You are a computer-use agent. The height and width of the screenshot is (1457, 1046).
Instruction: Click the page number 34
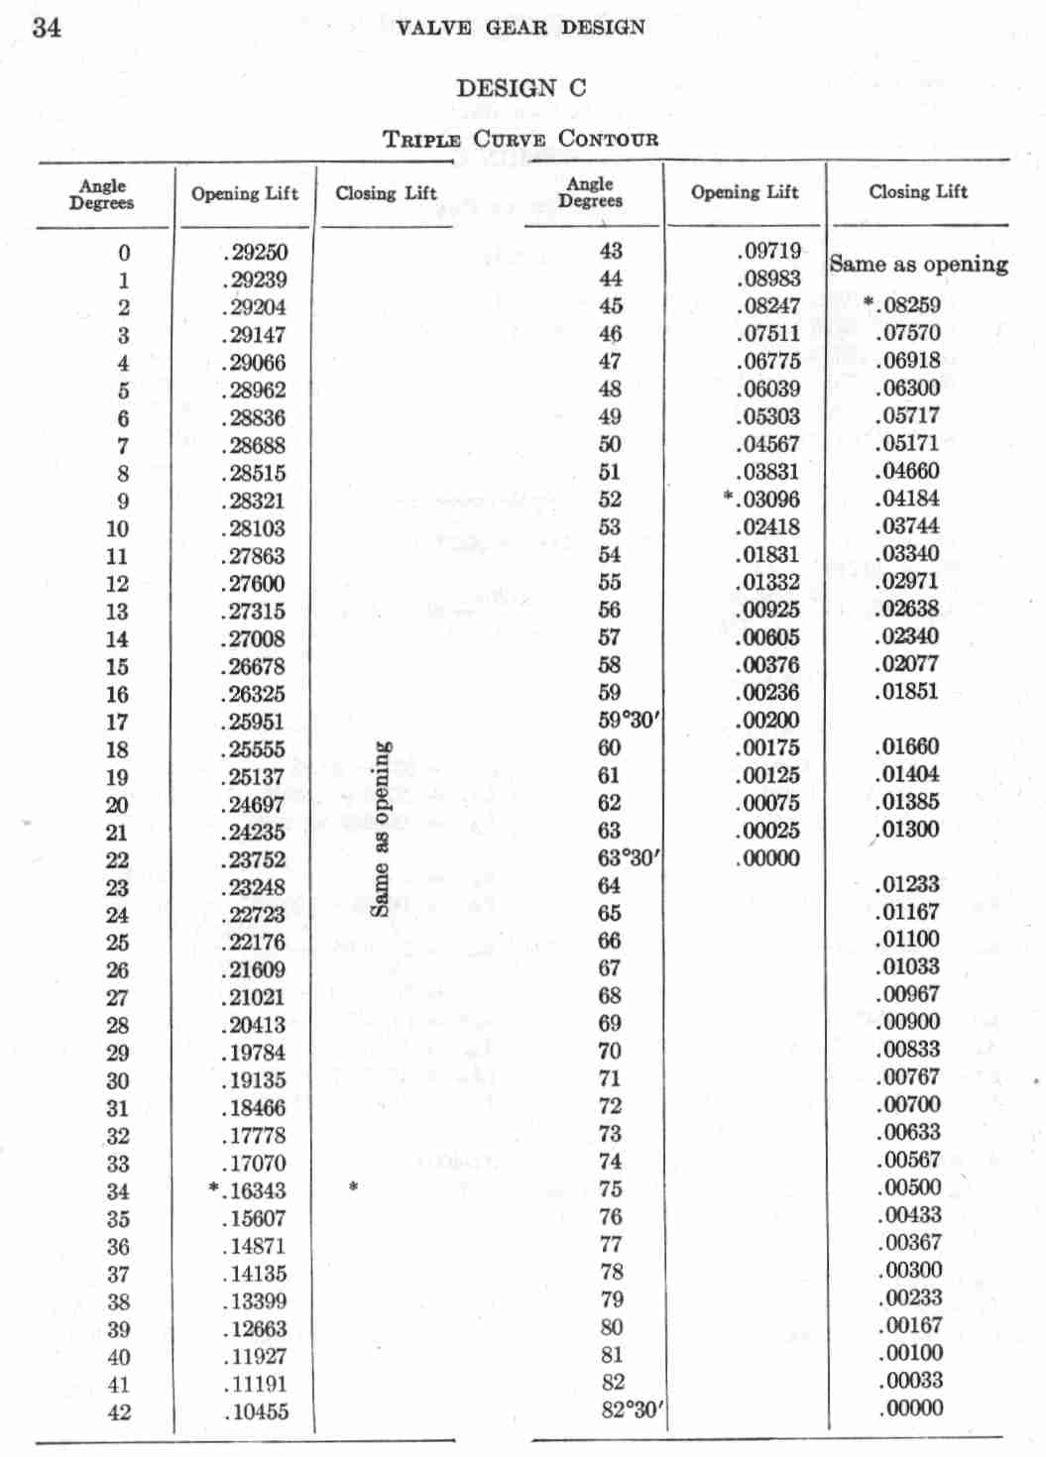[47, 28]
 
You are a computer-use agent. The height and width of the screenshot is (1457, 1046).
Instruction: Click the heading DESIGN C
[521, 88]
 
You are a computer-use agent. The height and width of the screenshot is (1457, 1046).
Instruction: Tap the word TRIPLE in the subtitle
[421, 140]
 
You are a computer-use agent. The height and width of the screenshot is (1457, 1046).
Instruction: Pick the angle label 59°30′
[629, 720]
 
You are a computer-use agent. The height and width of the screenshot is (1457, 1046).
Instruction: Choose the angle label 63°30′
[629, 857]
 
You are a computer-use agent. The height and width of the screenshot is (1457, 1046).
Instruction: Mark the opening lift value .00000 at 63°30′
[768, 858]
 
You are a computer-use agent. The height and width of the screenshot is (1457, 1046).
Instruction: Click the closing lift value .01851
[907, 692]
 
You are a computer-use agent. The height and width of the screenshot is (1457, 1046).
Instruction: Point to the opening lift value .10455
[256, 1412]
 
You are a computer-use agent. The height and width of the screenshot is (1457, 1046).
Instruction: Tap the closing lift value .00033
[910, 1381]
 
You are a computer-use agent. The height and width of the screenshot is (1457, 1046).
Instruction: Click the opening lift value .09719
[768, 252]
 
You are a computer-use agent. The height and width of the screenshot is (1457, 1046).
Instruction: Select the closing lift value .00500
[909, 1187]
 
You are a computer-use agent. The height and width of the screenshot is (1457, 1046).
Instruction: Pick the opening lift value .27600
[254, 584]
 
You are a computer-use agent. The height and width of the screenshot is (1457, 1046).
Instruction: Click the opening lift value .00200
[768, 721]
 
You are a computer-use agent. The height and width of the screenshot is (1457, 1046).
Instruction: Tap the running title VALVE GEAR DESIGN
[520, 28]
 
